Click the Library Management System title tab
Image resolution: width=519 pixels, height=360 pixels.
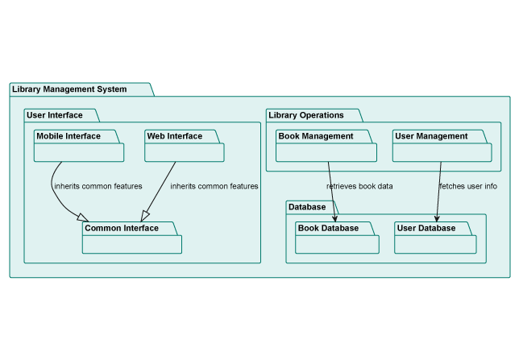pos(69,89)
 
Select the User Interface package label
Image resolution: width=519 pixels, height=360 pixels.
pos(55,115)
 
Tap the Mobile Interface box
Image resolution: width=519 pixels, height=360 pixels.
pos(79,146)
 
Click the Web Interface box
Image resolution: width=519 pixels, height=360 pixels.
pos(184,146)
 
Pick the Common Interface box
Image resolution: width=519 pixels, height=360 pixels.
pos(132,238)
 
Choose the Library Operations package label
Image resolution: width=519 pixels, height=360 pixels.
pos(306,115)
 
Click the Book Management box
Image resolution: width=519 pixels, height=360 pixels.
pos(326,146)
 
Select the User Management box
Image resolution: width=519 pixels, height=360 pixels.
pos(442,146)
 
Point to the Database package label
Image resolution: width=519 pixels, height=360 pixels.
pos(307,207)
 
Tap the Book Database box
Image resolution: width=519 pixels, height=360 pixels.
pos(336,238)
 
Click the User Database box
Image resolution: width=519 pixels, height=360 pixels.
pos(436,238)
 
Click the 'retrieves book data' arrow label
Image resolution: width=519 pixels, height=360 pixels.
pos(359,186)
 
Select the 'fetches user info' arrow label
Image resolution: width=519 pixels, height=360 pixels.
pos(467,186)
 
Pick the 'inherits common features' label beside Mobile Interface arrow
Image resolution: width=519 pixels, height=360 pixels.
pos(98,186)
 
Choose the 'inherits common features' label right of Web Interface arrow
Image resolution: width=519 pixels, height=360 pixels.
pos(214,186)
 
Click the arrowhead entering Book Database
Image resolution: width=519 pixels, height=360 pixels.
pos(334,217)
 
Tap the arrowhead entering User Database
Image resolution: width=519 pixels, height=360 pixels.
pos(436,217)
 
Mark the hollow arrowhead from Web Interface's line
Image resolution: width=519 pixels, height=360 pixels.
pos(146,215)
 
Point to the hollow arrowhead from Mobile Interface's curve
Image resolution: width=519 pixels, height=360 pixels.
pos(81,216)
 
